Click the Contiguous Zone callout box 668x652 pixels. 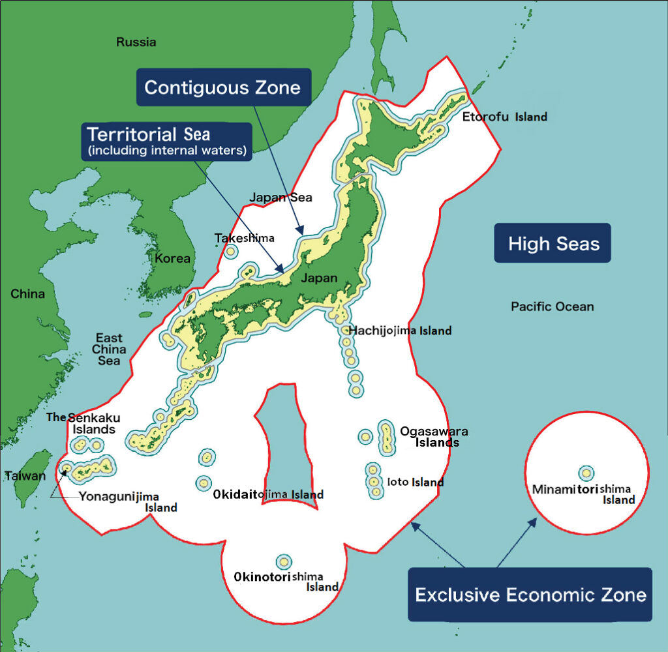[222, 87]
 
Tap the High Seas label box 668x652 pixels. [553, 243]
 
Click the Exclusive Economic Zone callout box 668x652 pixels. [530, 594]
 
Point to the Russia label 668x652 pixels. [136, 42]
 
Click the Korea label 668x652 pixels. [172, 258]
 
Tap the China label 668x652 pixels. [27, 294]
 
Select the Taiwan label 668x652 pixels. [25, 475]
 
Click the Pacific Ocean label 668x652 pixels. [552, 306]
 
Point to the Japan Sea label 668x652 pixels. [281, 198]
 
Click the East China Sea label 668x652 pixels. [109, 349]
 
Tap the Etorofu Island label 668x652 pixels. [504, 117]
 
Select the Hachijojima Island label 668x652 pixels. [399, 331]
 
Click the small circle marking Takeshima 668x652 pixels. [230, 251]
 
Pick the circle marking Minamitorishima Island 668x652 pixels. [586, 473]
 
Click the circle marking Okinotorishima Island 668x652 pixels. [284, 561]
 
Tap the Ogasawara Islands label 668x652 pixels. [434, 437]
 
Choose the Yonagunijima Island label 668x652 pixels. [128, 502]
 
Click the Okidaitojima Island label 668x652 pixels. [268, 495]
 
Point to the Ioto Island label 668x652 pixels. [415, 482]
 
